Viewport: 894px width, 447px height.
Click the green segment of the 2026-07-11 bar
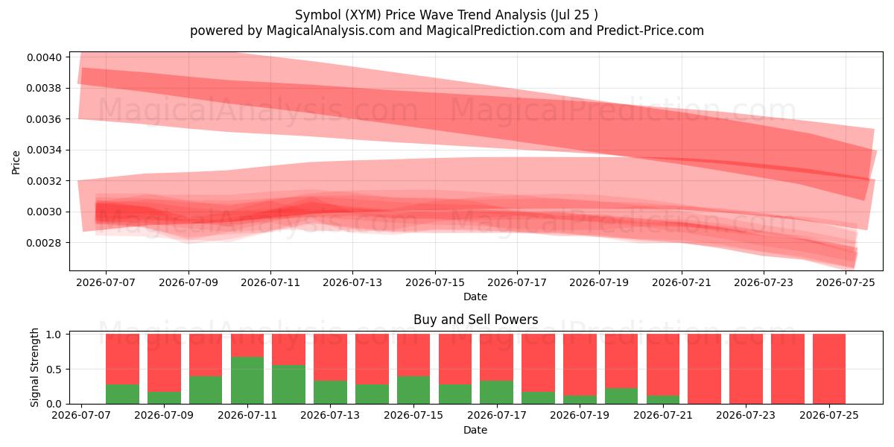[x=247, y=380]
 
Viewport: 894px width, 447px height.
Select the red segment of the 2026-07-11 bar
[x=247, y=345]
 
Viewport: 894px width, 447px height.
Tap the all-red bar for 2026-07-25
[x=829, y=369]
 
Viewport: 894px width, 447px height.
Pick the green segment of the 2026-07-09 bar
[x=164, y=398]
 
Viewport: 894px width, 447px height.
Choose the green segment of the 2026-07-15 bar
[x=413, y=390]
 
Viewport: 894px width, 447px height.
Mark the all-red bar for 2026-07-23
[x=746, y=369]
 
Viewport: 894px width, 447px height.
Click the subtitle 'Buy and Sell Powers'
[x=476, y=320]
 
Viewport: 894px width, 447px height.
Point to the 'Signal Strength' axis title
[x=35, y=367]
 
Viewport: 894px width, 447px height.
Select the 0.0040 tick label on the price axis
[x=44, y=57]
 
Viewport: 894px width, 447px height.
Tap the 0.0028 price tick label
[x=44, y=243]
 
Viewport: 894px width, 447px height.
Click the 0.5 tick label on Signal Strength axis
[x=54, y=370]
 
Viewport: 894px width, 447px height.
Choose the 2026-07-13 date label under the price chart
[x=352, y=282]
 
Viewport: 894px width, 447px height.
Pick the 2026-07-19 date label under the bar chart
[x=580, y=415]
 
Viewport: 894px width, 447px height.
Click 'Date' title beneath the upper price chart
[x=475, y=297]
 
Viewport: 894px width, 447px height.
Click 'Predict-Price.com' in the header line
[x=650, y=31]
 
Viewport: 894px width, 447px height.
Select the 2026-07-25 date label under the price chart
[x=846, y=282]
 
